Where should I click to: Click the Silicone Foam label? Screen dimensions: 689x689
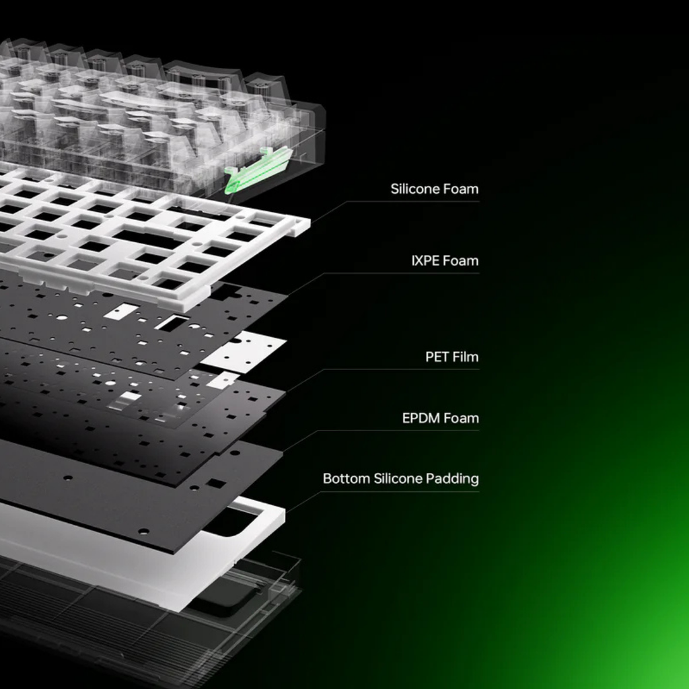point(435,189)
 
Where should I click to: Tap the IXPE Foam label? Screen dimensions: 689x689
point(445,260)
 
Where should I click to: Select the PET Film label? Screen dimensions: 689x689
point(452,357)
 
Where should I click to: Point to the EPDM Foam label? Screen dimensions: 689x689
point(440,418)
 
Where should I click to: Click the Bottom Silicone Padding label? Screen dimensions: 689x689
point(401,478)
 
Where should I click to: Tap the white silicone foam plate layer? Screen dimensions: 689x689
point(145,238)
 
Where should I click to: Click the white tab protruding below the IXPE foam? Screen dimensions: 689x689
point(244,351)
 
